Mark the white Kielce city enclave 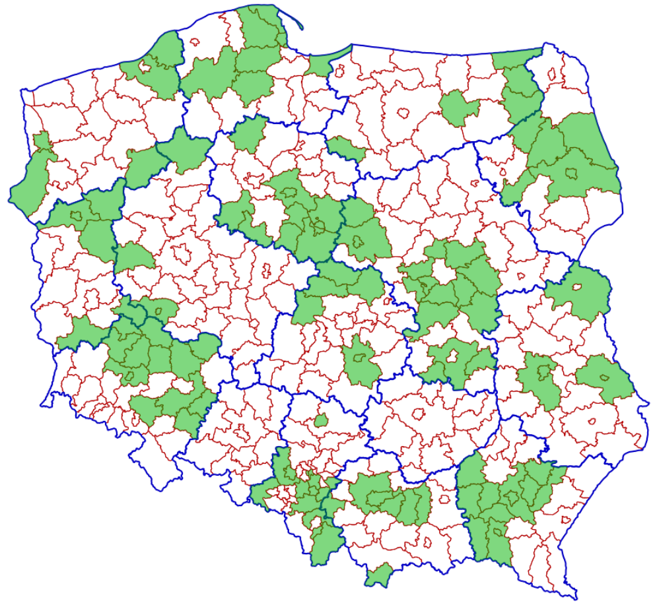418,414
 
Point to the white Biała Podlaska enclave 579,288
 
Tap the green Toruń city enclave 288,193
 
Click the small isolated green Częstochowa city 321,420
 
